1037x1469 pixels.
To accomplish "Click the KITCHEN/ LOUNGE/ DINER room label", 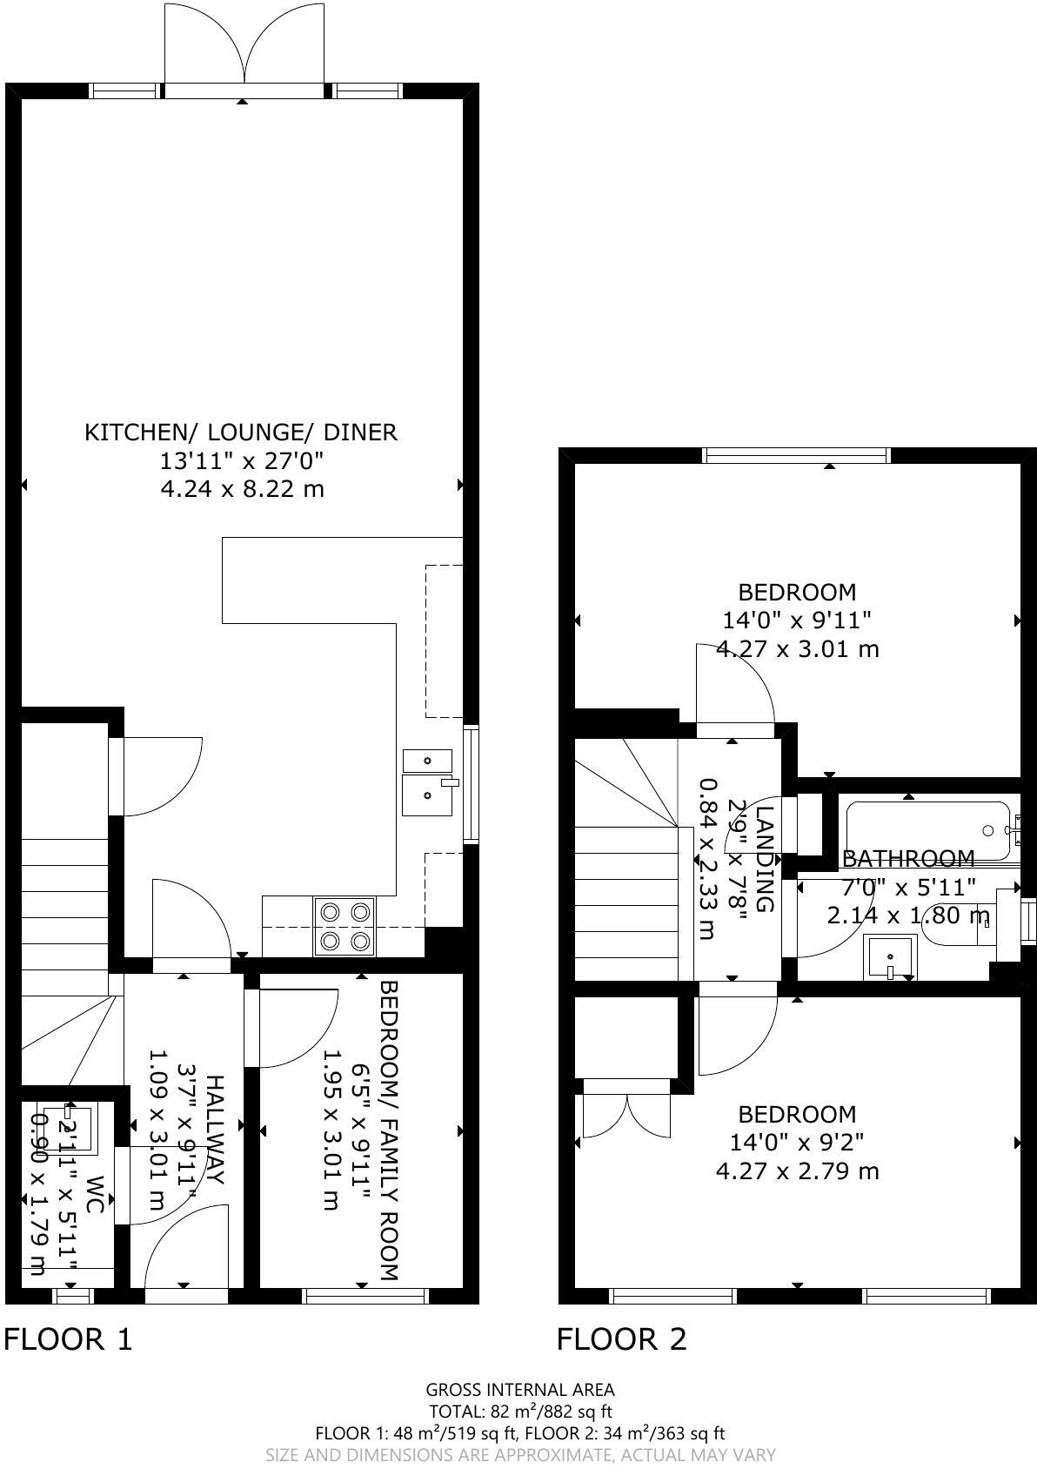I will tap(241, 433).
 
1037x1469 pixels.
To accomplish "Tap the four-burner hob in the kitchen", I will tap(345, 926).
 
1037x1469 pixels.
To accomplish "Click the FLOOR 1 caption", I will tap(68, 1338).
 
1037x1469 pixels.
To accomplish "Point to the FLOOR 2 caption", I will tap(621, 1338).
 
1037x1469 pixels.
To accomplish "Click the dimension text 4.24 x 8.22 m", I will tap(242, 489).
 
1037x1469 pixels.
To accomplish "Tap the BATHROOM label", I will tap(908, 859).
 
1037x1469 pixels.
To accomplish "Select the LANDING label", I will tap(764, 859).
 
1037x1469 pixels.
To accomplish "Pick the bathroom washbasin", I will tap(890, 958).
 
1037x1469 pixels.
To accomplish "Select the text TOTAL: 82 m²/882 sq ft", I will tap(520, 1411).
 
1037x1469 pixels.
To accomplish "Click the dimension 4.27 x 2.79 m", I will tap(797, 1171).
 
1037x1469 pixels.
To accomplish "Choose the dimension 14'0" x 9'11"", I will tap(797, 620).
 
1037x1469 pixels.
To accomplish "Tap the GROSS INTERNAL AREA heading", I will tap(520, 1390).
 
